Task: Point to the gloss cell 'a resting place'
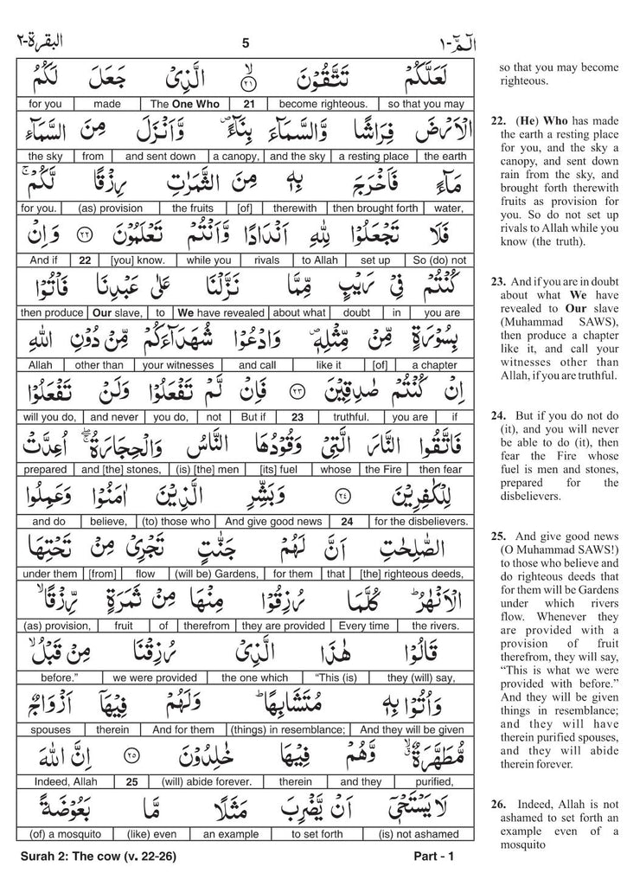pyautogui.click(x=372, y=157)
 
